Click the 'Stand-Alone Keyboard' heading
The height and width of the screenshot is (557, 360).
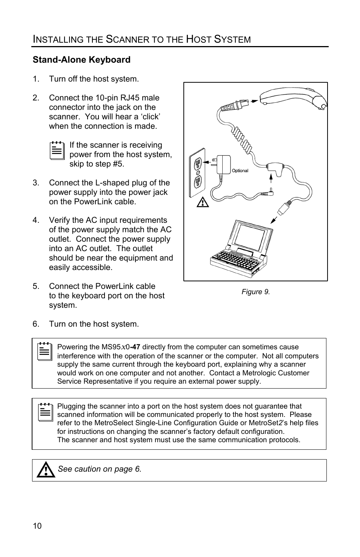click(x=82, y=60)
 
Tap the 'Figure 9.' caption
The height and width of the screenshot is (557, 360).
click(x=255, y=292)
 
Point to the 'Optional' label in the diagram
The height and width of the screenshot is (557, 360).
click(x=240, y=171)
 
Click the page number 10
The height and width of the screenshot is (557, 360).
click(x=37, y=526)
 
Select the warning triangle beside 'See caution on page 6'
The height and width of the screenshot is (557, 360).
click(x=46, y=470)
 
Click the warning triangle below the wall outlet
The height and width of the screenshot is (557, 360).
click(x=203, y=203)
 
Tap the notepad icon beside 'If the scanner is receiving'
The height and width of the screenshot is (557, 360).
click(x=57, y=151)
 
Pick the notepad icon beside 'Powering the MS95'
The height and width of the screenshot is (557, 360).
click(x=45, y=352)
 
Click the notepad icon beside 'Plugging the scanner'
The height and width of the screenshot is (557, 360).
click(x=45, y=412)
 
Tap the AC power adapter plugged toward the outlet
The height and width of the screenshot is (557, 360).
click(x=223, y=164)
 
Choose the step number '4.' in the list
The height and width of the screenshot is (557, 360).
click(x=35, y=220)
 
